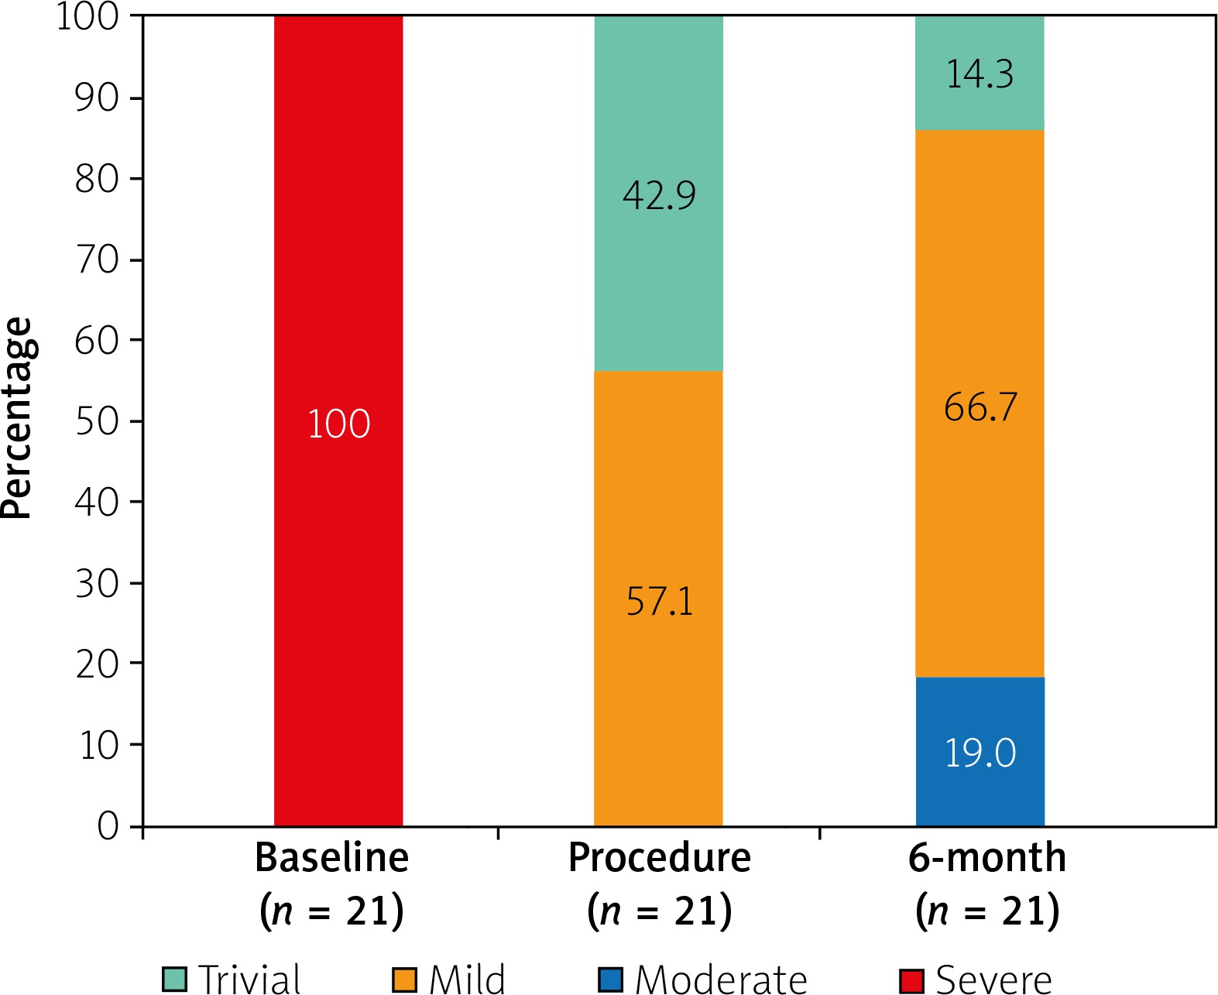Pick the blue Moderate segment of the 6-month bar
tap(980, 790)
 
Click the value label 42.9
tap(659, 195)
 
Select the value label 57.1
tap(660, 602)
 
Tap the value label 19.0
tap(980, 753)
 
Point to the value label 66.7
tap(980, 407)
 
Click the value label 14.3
tap(980, 75)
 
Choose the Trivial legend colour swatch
tap(174, 980)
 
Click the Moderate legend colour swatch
tap(611, 980)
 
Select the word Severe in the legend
tap(993, 980)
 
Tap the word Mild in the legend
tap(467, 980)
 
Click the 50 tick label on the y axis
tap(97, 421)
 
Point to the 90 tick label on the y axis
tap(97, 98)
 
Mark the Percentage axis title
tap(17, 418)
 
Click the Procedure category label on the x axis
tap(660, 858)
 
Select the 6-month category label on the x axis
tap(987, 858)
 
